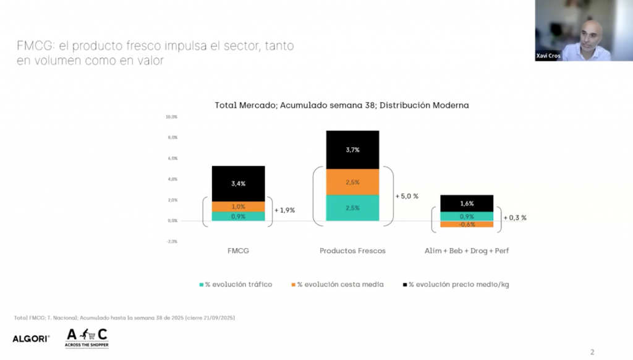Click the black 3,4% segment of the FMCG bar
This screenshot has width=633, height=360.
(238, 184)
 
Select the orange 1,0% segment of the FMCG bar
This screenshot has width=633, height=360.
(238, 207)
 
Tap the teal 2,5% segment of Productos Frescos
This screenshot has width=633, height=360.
(352, 208)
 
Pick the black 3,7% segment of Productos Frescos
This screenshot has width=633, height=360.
(352, 150)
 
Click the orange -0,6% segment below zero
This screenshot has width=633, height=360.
(467, 225)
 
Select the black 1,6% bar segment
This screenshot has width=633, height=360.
(467, 204)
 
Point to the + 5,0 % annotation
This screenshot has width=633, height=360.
(407, 196)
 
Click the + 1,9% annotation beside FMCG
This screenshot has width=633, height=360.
(284, 210)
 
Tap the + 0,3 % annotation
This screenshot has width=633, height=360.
(515, 218)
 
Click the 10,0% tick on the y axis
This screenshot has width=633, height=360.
(171, 117)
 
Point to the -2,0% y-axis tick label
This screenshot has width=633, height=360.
(171, 241)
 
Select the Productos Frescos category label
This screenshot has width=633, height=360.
(352, 251)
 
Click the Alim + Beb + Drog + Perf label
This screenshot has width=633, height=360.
(467, 251)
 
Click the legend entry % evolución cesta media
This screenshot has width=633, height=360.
(337, 285)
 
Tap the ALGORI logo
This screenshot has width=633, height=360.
(31, 338)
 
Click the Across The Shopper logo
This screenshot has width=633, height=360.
(87, 338)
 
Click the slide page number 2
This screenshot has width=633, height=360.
(592, 352)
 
